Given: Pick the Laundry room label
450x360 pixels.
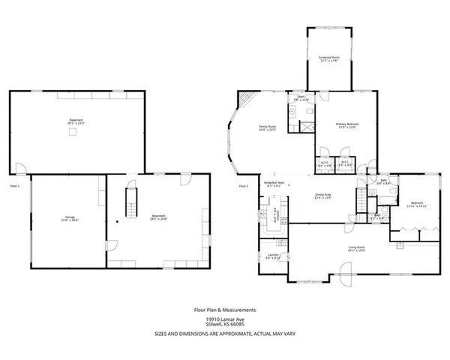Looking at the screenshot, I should tap(272, 257).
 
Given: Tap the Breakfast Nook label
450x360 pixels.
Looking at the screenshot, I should tap(272, 184).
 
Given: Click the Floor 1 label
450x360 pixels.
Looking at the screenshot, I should tap(14, 184).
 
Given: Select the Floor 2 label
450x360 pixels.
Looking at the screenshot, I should tap(243, 185).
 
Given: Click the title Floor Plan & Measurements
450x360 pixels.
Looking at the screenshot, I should tap(224, 308).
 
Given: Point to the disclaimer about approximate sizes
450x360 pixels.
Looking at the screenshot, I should tap(224, 332).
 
